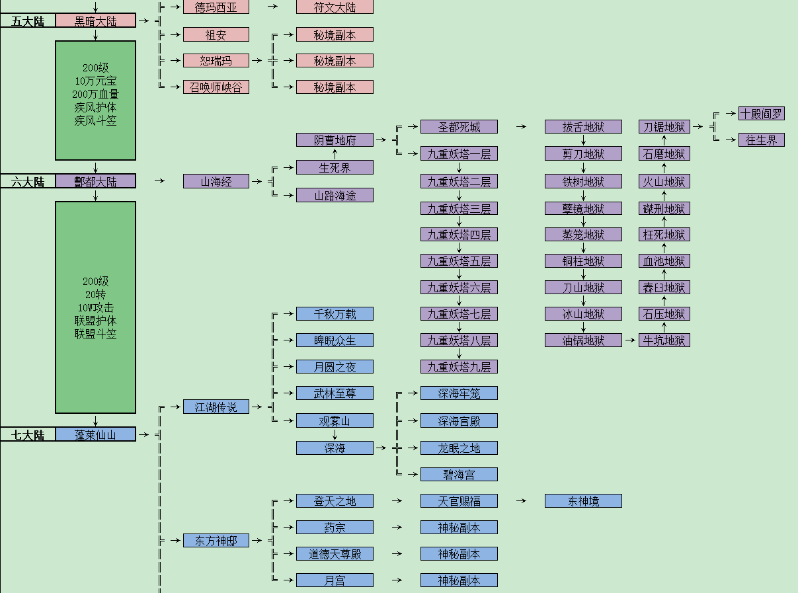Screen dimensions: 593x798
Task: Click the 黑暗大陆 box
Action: (x=95, y=20)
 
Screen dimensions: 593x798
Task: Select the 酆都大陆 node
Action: (x=95, y=181)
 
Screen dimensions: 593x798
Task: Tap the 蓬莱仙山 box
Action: (x=95, y=434)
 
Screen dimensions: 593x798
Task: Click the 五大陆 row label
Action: (x=28, y=20)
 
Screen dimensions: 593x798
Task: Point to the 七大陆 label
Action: (x=28, y=434)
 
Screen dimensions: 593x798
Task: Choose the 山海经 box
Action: (x=216, y=181)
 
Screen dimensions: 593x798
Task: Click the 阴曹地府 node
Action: (x=335, y=140)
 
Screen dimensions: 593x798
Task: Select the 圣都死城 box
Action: (x=459, y=126)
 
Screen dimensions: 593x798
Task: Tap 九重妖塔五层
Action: (x=459, y=261)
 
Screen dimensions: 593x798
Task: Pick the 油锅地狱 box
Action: (x=583, y=340)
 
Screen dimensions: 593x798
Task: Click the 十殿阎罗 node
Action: (x=761, y=113)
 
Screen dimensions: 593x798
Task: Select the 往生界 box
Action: (x=761, y=140)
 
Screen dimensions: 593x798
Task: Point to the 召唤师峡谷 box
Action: (x=216, y=87)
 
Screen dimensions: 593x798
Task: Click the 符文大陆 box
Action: (x=335, y=7)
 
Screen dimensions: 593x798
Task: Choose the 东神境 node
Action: (x=583, y=501)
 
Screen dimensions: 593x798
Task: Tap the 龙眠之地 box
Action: (x=459, y=448)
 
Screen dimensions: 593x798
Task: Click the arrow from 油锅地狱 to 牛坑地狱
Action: (x=630, y=340)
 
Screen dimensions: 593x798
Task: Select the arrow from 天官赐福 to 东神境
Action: (x=521, y=501)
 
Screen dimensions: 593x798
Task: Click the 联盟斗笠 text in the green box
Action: (x=96, y=334)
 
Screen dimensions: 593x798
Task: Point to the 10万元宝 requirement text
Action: (x=96, y=81)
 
